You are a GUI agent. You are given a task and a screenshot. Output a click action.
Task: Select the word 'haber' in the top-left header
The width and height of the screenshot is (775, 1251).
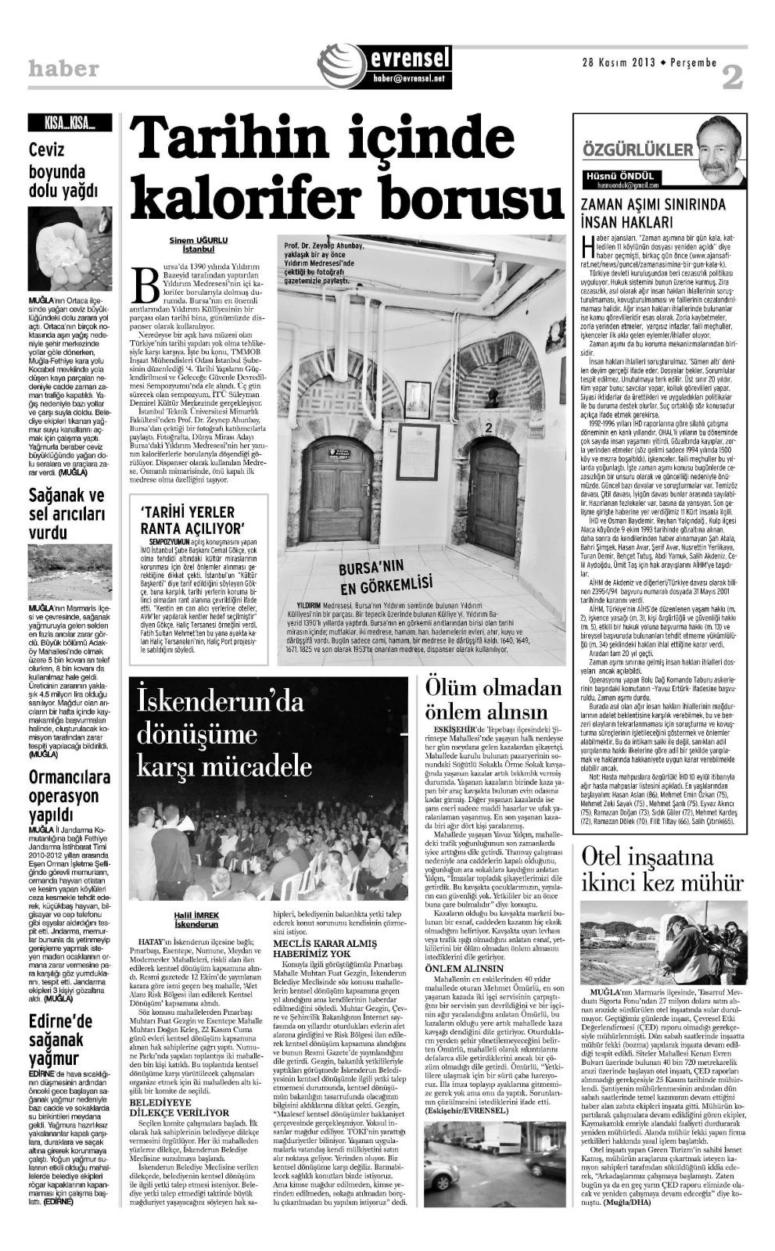click(64, 69)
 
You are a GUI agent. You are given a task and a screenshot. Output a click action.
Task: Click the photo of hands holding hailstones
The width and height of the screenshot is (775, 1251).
click(70, 248)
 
